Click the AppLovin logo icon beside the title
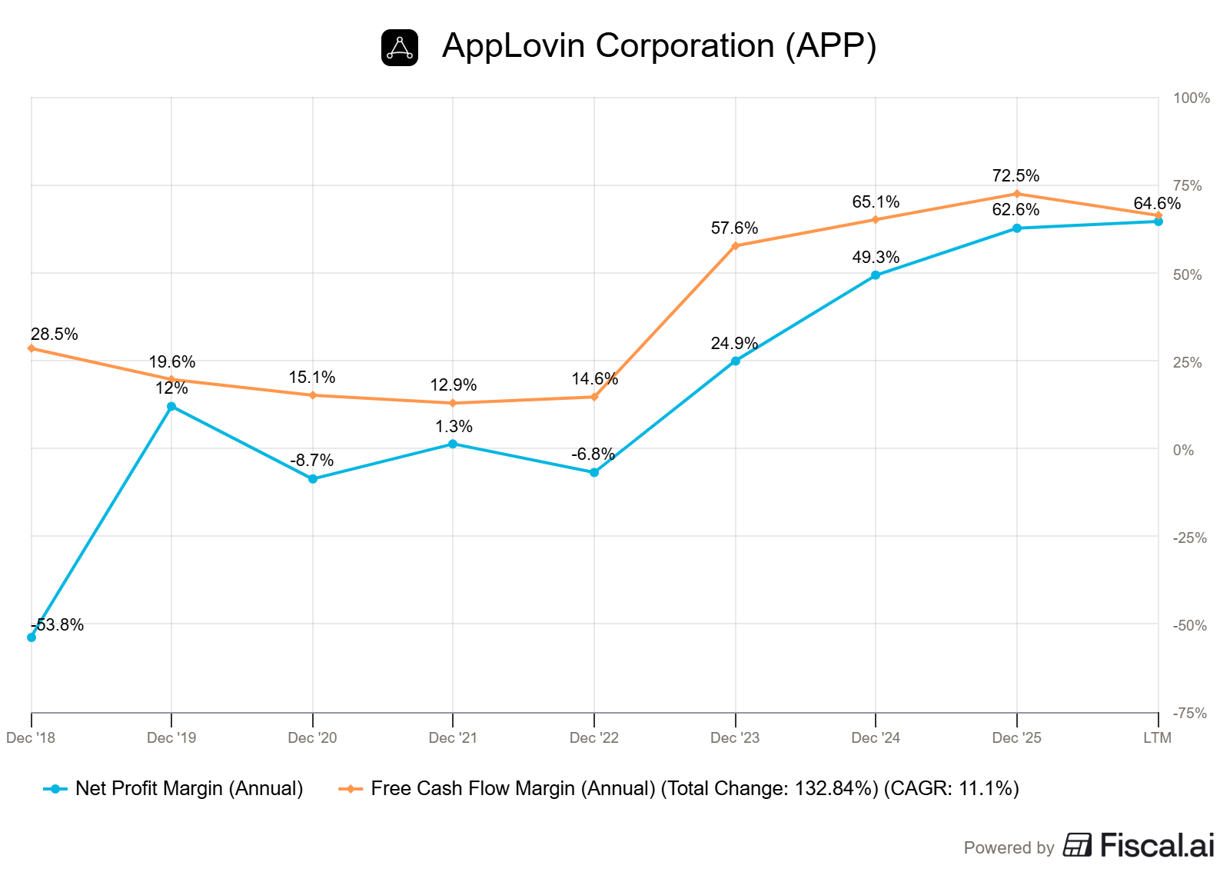(400, 48)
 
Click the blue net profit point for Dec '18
(32, 637)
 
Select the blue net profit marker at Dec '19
(171, 406)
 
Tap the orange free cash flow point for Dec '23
(736, 246)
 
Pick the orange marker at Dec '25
(1017, 194)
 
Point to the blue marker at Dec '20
(313, 479)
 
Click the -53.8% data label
(58, 625)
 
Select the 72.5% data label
(1016, 176)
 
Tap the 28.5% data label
(55, 334)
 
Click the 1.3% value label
(454, 426)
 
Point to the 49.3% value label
(876, 257)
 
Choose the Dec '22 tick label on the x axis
(594, 737)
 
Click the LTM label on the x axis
(1158, 737)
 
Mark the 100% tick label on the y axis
(1192, 98)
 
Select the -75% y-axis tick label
(1190, 714)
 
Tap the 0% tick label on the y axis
(1183, 451)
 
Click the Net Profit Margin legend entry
(174, 788)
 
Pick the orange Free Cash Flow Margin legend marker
(351, 789)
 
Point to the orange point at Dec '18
(32, 348)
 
